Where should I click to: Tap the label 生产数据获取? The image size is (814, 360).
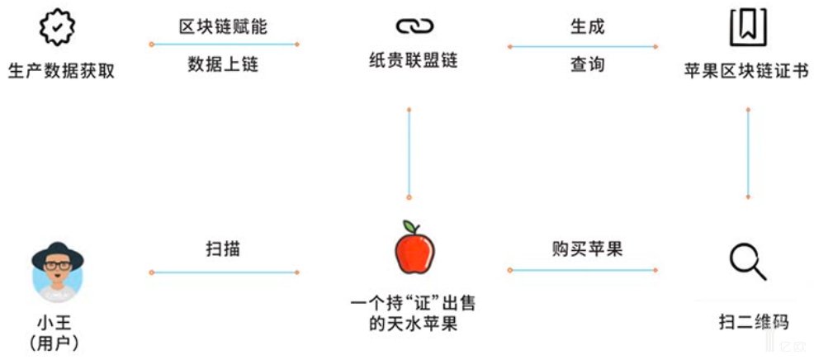pos(60,71)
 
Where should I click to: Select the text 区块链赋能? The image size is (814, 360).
pos(223,26)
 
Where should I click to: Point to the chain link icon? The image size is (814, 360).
pos(412,27)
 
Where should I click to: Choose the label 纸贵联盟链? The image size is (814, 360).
pos(413,61)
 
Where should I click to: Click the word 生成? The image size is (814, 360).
pos(587,26)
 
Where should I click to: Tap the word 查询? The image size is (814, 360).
pos(587,64)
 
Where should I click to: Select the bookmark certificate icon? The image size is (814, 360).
pos(747,28)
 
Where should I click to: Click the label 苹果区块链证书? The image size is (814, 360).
pos(746,71)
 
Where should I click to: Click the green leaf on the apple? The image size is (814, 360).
pos(409,226)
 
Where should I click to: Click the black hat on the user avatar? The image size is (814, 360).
pos(58,252)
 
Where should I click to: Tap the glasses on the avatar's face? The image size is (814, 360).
pos(58,266)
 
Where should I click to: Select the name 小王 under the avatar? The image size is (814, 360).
pos(58,322)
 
